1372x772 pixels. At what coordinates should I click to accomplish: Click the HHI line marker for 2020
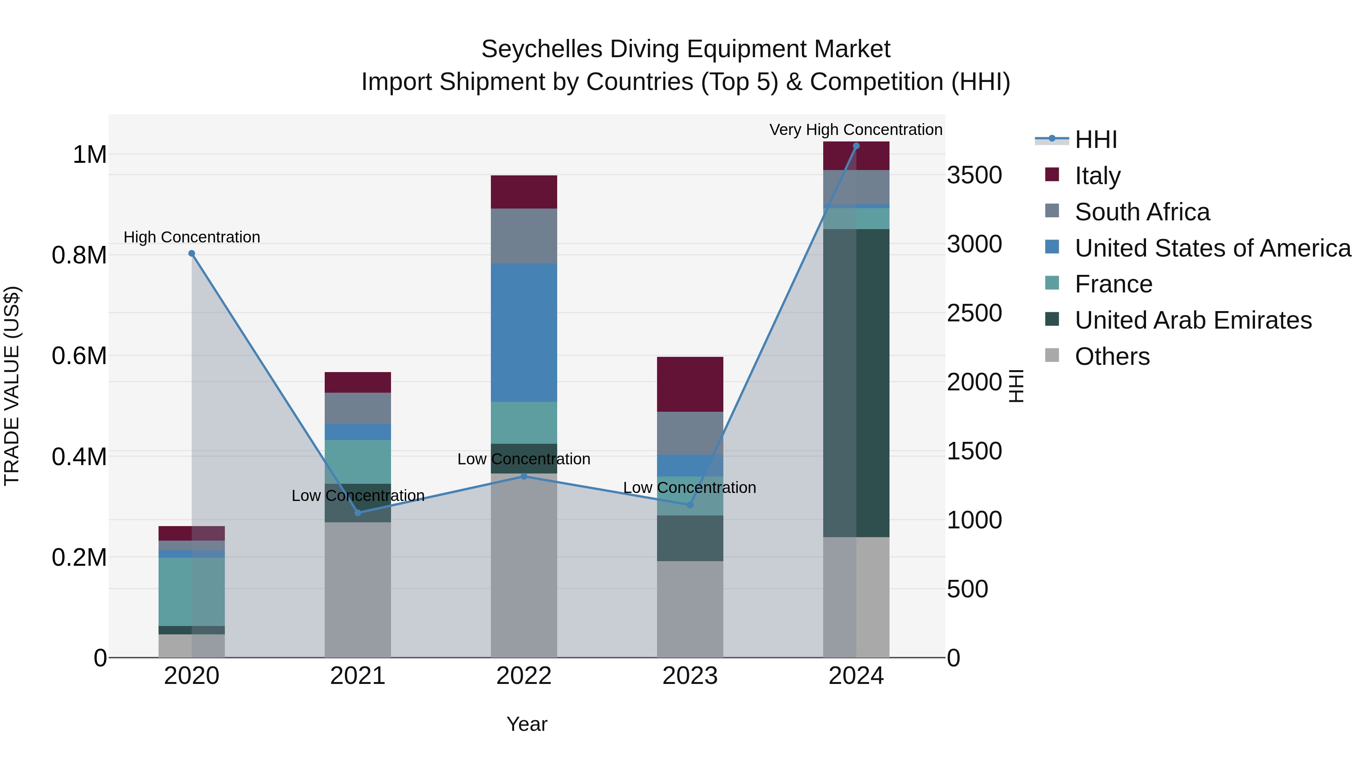point(192,254)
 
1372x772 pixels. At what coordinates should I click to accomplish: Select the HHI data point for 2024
point(856,146)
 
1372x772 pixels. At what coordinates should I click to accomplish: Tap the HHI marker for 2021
point(358,512)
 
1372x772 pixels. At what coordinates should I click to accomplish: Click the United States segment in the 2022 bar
point(524,332)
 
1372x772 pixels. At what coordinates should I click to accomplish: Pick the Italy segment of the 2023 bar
point(690,384)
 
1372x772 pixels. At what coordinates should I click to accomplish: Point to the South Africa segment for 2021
point(358,408)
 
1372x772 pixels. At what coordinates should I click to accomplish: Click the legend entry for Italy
point(1098,176)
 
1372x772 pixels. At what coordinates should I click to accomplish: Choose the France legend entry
point(1113,284)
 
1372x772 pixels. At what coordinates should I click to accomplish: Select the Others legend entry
point(1112,356)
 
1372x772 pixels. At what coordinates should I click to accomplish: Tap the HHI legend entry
point(1096,140)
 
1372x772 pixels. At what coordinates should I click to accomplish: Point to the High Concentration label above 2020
point(192,237)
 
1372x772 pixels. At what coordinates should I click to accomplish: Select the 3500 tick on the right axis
point(974,175)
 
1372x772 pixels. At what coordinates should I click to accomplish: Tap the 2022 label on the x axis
point(524,676)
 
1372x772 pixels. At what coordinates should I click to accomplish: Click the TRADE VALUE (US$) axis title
point(12,386)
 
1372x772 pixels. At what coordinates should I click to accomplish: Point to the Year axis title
point(527,724)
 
